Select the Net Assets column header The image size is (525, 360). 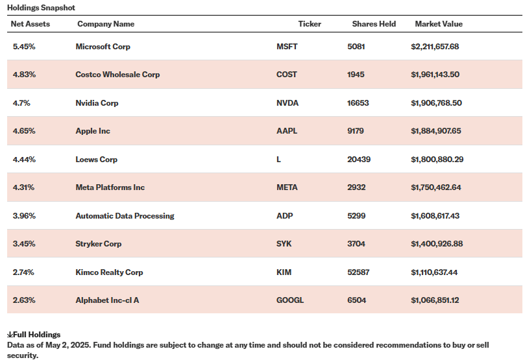coord(31,24)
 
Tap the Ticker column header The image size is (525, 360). coord(310,24)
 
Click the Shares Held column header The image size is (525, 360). coord(374,24)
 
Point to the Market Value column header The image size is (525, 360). coord(439,24)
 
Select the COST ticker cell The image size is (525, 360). coord(286,75)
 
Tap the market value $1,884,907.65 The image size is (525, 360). coord(435,131)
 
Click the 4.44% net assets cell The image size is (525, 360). coord(24,160)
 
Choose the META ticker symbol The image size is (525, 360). coord(287,187)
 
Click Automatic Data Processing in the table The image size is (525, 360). coord(125,216)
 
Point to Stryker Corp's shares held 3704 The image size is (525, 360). coord(356,244)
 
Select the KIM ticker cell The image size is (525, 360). coord(284,272)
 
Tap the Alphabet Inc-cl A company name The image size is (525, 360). coord(107,300)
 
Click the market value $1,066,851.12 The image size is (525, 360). coord(435,300)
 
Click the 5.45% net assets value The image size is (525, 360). coord(24,47)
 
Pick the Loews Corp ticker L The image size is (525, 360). coord(278,160)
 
